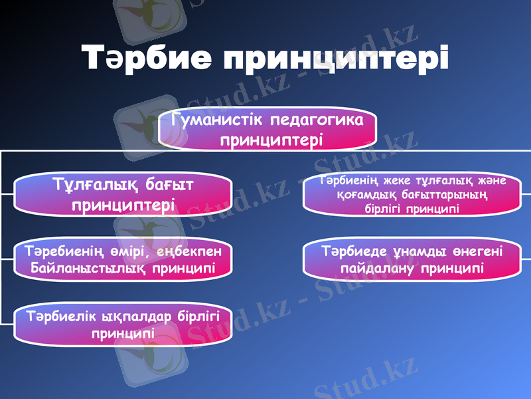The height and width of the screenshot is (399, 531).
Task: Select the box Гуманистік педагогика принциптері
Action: click(267, 130)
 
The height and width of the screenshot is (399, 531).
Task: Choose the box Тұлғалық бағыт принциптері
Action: click(123, 194)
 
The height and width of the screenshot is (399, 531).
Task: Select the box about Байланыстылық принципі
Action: click(123, 259)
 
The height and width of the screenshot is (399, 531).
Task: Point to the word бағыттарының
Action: click(445, 195)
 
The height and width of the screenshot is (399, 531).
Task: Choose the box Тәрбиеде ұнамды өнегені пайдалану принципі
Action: click(412, 259)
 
